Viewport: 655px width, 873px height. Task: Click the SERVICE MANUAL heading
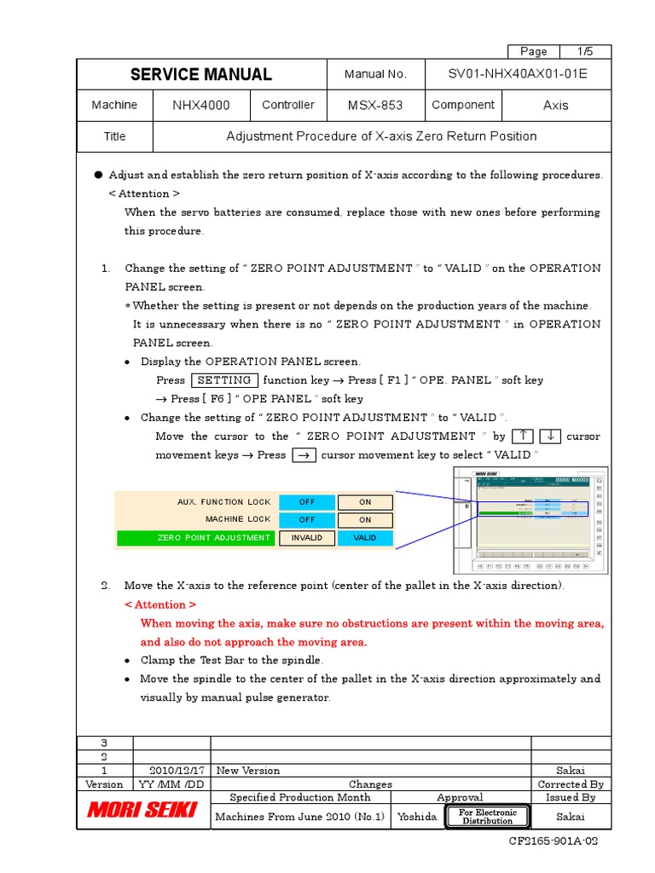[x=201, y=75]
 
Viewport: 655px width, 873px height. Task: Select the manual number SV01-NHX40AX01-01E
[x=518, y=75]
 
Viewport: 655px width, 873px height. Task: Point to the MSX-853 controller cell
[x=375, y=106]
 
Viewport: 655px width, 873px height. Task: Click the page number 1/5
[x=585, y=51]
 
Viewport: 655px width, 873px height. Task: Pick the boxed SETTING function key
[x=223, y=380]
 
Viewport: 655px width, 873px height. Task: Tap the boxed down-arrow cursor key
[x=550, y=436]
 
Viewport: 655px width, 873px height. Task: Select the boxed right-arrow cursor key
[x=303, y=455]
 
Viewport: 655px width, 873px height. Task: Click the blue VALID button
[x=365, y=538]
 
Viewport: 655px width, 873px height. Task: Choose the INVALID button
[x=307, y=538]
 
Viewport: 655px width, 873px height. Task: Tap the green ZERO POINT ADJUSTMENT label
[x=196, y=538]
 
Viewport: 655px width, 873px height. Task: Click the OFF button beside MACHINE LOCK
[x=307, y=519]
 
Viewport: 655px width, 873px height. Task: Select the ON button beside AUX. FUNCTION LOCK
[x=365, y=502]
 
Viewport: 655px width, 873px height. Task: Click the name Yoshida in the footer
[x=418, y=817]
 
